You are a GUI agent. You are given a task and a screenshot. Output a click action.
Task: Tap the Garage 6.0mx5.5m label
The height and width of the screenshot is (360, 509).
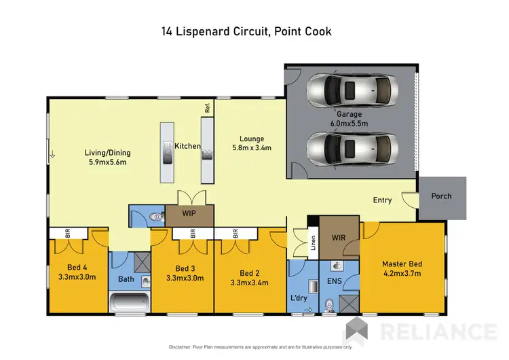point(349,120)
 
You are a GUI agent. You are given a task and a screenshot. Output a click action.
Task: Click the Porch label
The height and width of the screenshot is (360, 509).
point(442,196)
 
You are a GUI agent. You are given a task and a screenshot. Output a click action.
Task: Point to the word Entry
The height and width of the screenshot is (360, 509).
point(382,200)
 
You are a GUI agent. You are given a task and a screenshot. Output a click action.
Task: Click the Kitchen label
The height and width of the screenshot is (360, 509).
point(187,146)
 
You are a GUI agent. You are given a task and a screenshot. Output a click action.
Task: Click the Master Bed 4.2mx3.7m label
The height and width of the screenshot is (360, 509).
point(402,269)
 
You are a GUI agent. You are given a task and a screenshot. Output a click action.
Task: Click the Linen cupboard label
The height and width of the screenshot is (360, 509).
point(314,243)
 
